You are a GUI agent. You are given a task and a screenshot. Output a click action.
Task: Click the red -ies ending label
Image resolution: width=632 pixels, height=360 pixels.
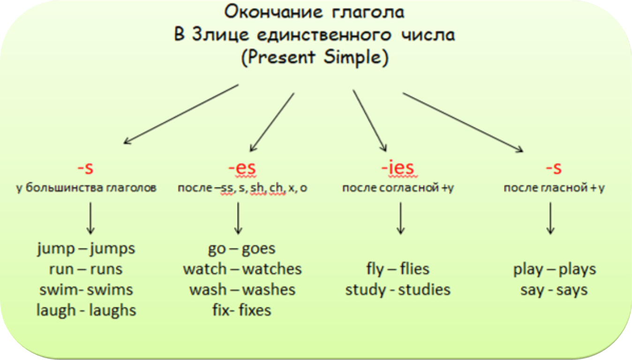[x=398, y=168]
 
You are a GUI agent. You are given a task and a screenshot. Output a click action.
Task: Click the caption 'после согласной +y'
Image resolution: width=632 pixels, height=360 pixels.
[x=398, y=188]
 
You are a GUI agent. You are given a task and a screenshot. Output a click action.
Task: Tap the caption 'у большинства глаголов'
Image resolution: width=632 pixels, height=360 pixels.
[x=86, y=188]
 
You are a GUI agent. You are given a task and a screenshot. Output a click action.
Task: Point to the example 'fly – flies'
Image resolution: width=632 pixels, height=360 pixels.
[x=398, y=269]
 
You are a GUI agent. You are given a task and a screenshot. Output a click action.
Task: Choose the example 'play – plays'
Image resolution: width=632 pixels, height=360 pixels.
[x=555, y=269]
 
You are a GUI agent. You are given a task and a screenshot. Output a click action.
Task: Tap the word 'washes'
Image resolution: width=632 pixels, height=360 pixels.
[x=269, y=290]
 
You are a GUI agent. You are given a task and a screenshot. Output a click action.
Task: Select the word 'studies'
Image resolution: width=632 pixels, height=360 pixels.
[x=424, y=290]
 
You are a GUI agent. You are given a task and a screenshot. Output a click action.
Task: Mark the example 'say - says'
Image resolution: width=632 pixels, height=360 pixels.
[x=554, y=290]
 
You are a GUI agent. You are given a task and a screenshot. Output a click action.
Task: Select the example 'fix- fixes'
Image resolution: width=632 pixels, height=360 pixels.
[x=241, y=310]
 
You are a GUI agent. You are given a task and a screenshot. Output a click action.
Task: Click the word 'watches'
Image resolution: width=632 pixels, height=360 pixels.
[x=272, y=269]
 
